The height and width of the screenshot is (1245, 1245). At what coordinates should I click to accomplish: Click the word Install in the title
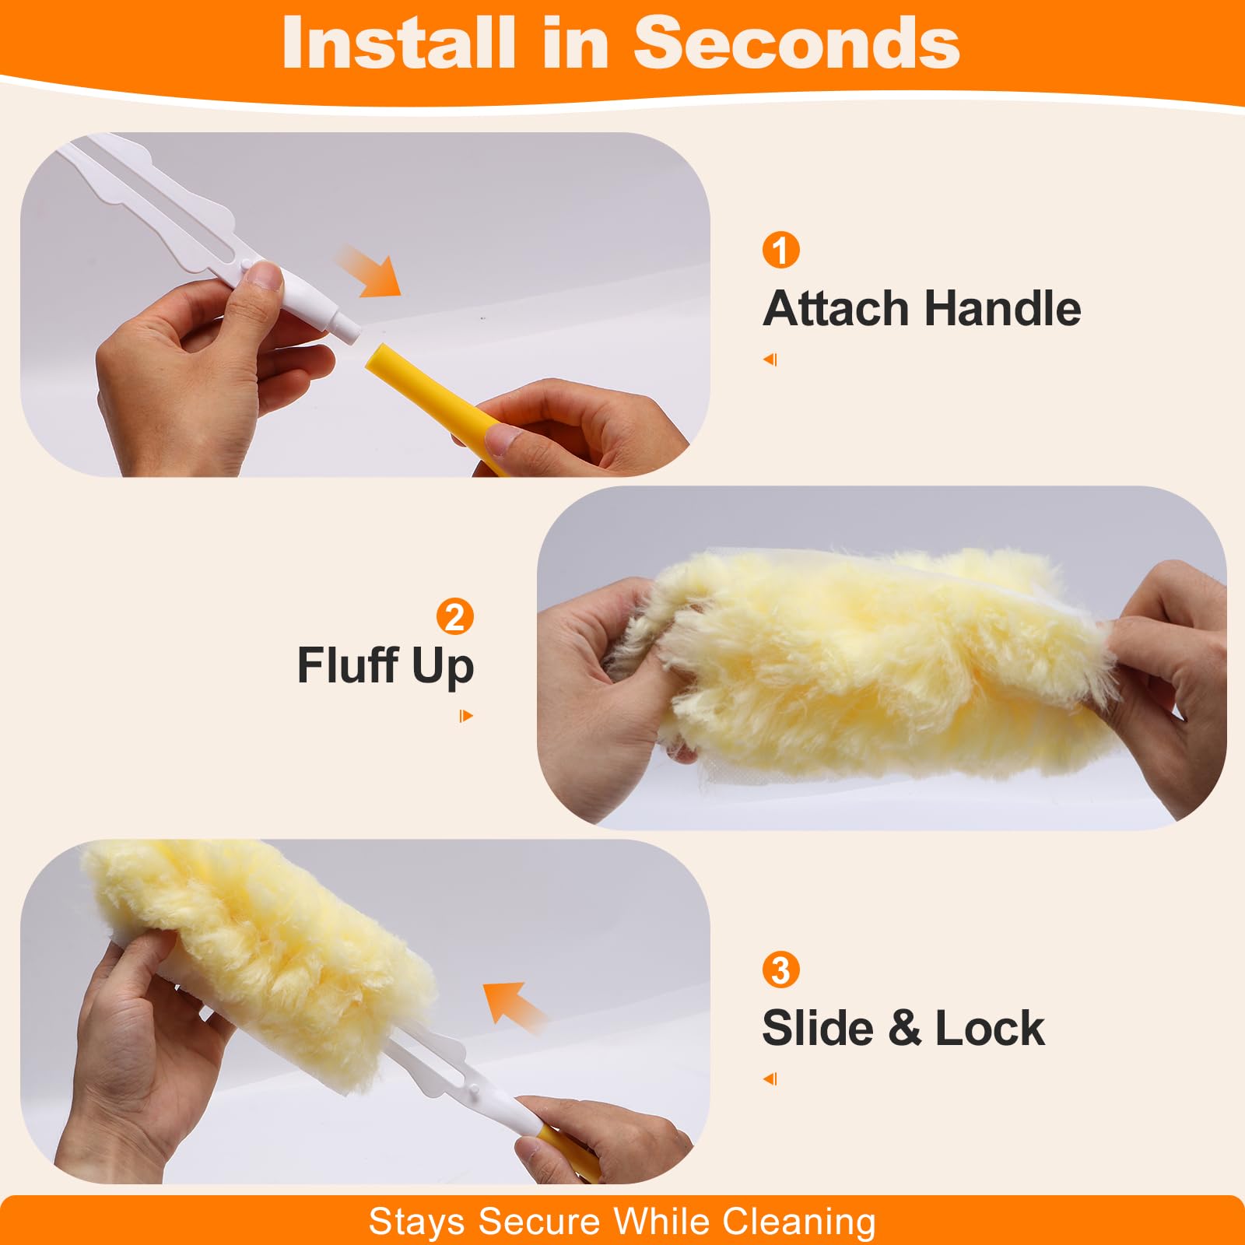(x=398, y=43)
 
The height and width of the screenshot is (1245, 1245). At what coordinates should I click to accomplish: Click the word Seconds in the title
(x=797, y=43)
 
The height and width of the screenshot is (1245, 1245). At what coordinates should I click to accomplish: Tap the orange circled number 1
(x=780, y=250)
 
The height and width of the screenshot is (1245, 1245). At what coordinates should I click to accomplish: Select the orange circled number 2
(x=455, y=616)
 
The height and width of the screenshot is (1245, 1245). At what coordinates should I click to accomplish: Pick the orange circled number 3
(x=780, y=970)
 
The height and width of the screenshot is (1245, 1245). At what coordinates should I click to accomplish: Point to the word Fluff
(x=347, y=665)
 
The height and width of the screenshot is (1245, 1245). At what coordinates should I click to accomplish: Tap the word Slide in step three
(x=818, y=1028)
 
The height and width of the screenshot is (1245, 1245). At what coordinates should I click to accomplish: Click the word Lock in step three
(x=990, y=1028)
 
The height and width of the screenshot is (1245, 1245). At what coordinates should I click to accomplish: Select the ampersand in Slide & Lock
(x=904, y=1028)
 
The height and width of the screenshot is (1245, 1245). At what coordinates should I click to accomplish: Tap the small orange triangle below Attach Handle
(x=770, y=359)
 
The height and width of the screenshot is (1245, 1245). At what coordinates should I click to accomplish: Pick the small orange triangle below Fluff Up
(x=466, y=716)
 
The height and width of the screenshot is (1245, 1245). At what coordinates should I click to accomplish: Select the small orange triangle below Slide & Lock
(x=770, y=1078)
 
